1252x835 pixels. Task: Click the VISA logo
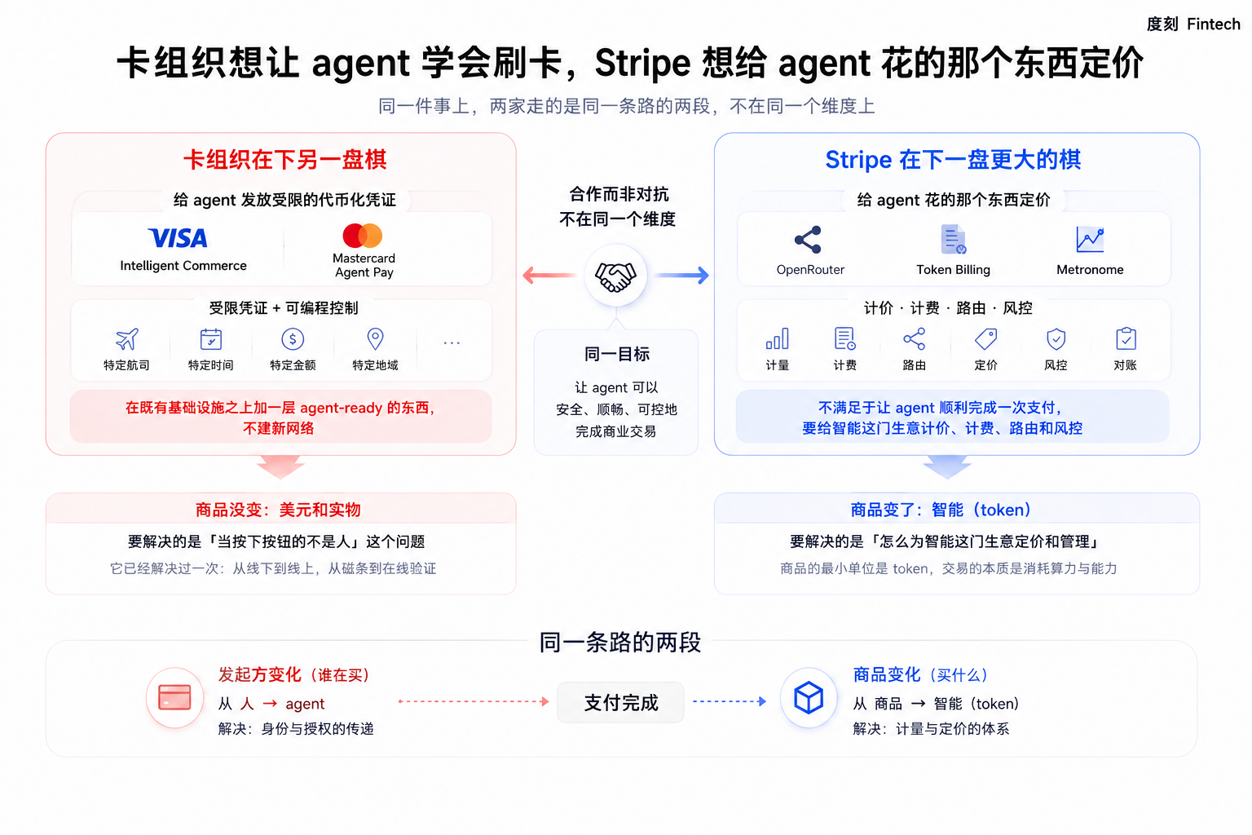[178, 238]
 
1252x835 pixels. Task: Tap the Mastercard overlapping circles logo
[363, 236]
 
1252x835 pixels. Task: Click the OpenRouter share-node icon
[809, 240]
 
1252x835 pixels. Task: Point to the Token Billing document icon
[953, 240]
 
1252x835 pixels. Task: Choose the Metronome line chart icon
[1090, 240]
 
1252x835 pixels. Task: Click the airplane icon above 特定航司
[127, 339]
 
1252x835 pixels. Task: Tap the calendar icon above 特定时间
[211, 339]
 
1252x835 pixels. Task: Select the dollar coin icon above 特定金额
[293, 339]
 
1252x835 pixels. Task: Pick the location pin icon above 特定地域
[375, 339]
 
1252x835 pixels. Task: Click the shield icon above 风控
[1056, 339]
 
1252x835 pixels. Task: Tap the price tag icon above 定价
[985, 339]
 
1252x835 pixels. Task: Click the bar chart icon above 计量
[778, 339]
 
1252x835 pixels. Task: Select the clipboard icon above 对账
[1126, 339]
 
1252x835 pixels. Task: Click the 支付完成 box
[620, 702]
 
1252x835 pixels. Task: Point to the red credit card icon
[174, 697]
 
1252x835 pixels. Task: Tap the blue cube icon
[809, 698]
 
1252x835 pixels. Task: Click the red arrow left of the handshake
[549, 275]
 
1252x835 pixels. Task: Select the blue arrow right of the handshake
[682, 275]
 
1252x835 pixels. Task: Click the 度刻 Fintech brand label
[1193, 24]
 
